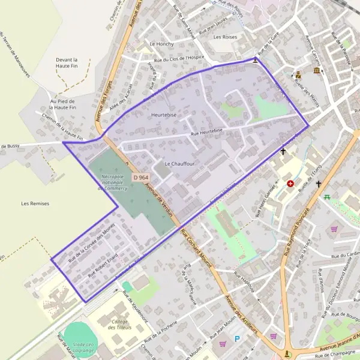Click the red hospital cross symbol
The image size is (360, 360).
pos(290,183)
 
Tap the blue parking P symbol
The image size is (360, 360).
pos(237,339)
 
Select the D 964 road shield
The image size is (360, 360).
pos(140,178)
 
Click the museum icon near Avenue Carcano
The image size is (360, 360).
pos(316,71)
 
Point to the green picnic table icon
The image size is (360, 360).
pos(327,197)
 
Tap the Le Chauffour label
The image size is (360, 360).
pos(176,163)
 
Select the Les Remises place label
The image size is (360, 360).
pos(34,203)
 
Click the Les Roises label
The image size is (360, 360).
pos(226,37)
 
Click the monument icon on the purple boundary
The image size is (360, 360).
pos(256,60)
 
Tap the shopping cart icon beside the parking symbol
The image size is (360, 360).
pos(223,344)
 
